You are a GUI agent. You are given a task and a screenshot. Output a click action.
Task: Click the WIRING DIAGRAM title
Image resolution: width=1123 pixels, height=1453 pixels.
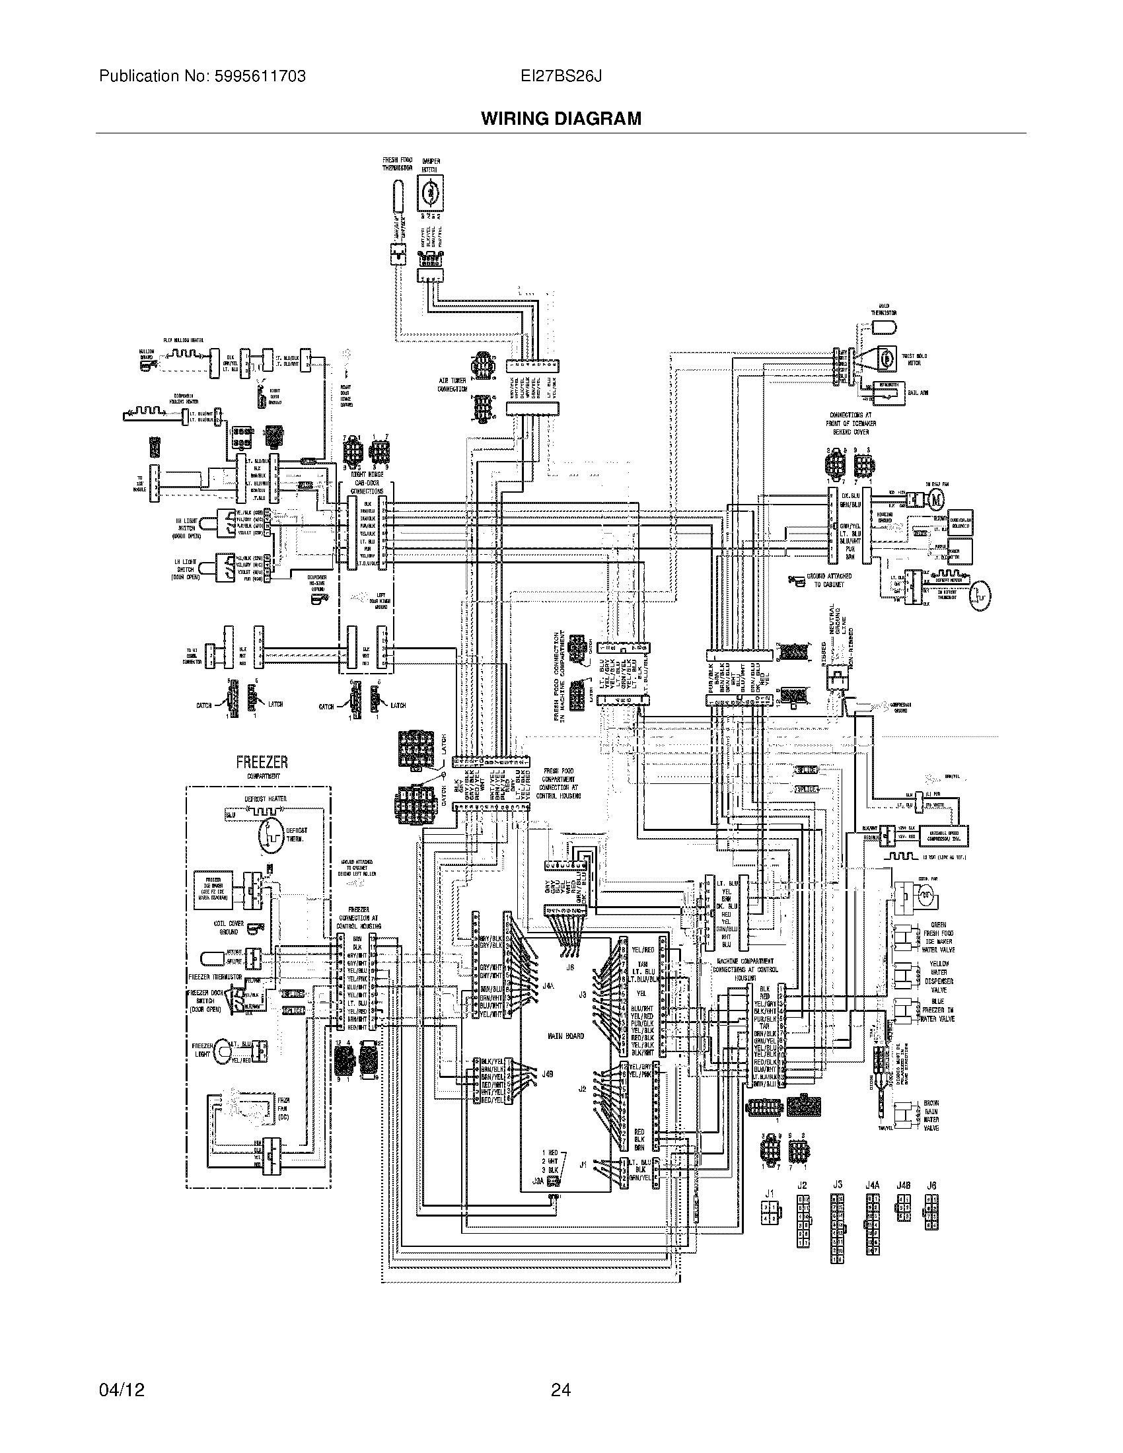coord(561,119)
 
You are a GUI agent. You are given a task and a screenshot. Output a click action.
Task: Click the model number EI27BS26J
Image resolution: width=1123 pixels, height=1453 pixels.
coord(561,77)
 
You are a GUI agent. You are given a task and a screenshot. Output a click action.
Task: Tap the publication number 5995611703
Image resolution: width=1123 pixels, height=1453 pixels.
coord(260,77)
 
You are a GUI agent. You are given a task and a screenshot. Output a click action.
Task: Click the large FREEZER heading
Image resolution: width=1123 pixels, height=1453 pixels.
coord(262,762)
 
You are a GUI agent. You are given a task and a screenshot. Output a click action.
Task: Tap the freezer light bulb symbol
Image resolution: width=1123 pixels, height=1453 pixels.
coord(221,1053)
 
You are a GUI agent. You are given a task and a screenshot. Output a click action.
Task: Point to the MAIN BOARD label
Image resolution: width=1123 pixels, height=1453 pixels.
coord(565,1036)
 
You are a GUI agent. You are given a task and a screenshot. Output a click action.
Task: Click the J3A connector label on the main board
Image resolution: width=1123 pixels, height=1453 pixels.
coord(538,1181)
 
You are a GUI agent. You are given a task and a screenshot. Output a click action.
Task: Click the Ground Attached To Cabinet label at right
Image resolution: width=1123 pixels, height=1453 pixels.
coord(828,580)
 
